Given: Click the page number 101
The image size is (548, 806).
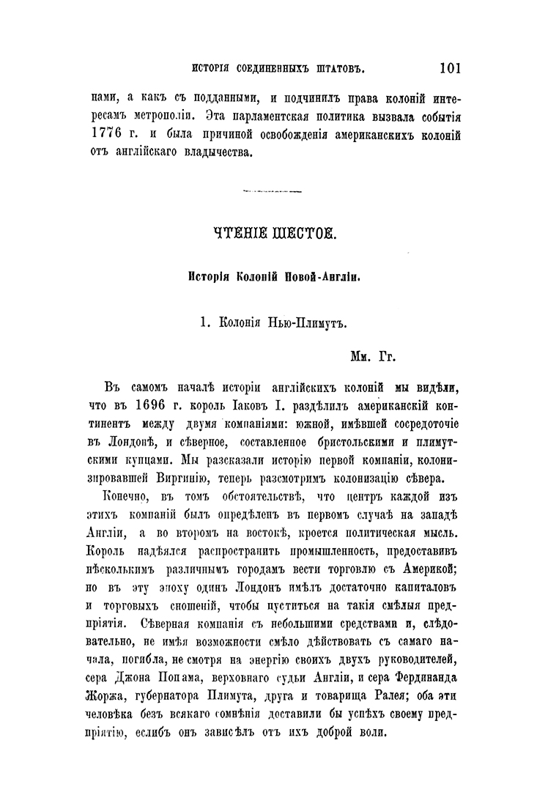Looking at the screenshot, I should coord(449,68).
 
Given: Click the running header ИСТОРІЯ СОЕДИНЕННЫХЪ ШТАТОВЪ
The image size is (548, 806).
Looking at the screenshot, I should coord(277,70).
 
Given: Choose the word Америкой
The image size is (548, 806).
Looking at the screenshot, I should coord(432,548).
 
